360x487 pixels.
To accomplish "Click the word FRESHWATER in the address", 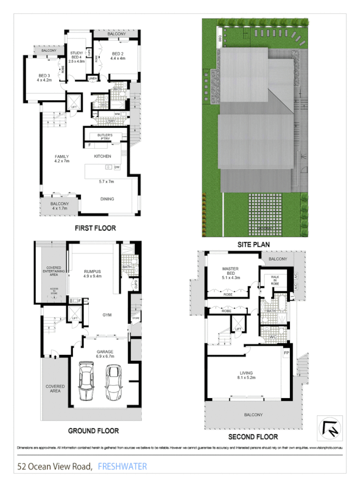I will (x=122, y=467).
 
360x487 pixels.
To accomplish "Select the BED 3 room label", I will (x=44, y=77).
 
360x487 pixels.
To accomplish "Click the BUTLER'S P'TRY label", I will (x=105, y=137).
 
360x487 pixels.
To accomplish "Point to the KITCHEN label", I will (x=102, y=156).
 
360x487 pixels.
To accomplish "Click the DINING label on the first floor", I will (x=107, y=199).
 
